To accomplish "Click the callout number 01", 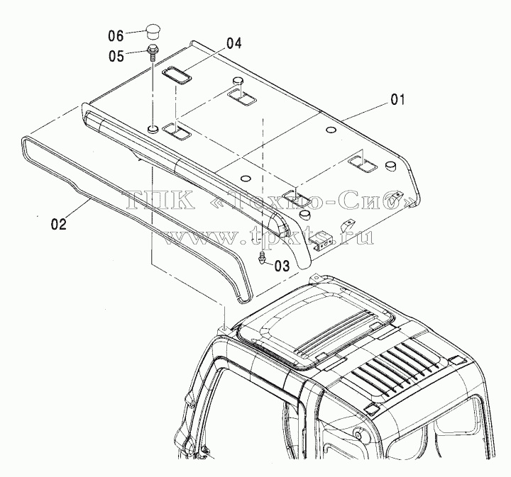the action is [x=397, y=100].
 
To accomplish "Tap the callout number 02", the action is [x=59, y=224].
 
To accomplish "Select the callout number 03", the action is [x=282, y=266].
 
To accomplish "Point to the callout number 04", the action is [x=234, y=43].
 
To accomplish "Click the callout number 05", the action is [x=116, y=56].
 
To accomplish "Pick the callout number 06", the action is [x=116, y=35].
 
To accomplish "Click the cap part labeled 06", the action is [x=152, y=31].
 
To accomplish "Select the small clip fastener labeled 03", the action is [x=262, y=259].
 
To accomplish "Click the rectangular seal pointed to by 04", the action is [x=177, y=76].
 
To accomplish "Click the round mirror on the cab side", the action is [x=359, y=434].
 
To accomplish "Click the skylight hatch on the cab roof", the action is [x=315, y=329].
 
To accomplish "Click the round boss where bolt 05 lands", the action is [x=153, y=129].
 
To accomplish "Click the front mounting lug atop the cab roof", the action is [x=315, y=279].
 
